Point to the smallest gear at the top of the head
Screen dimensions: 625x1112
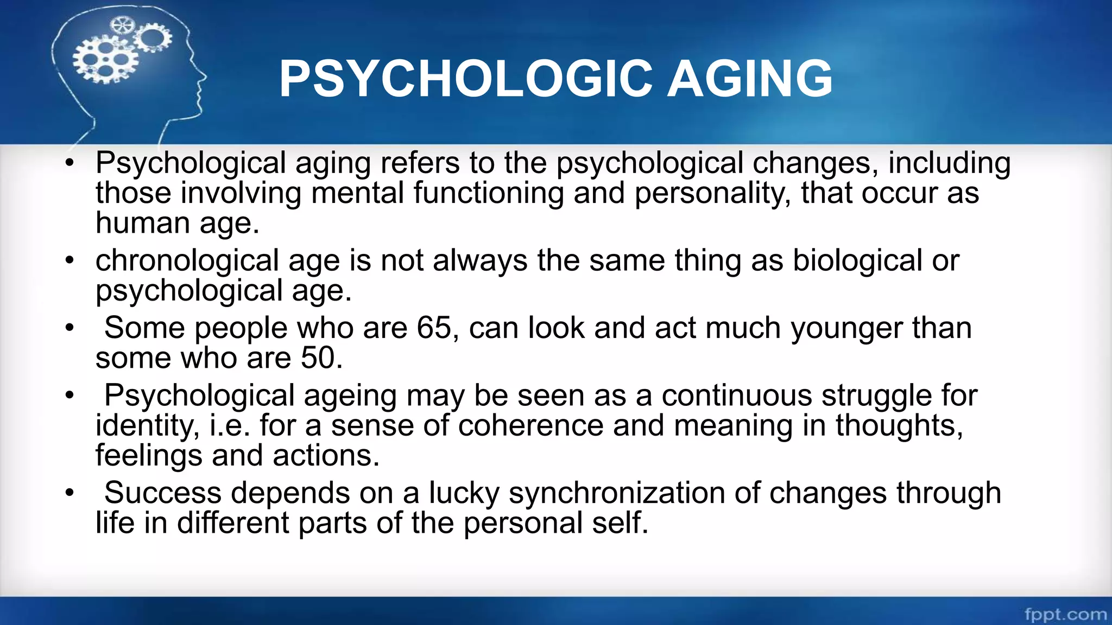(x=121, y=25)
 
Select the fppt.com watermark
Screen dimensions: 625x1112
(x=1065, y=614)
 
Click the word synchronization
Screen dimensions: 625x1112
(x=617, y=493)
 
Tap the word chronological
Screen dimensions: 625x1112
(x=187, y=261)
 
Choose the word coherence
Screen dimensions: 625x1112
(x=530, y=425)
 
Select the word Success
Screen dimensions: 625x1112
(x=163, y=493)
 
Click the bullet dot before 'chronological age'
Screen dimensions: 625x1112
(x=69, y=261)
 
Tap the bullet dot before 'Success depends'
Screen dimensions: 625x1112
(x=69, y=493)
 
